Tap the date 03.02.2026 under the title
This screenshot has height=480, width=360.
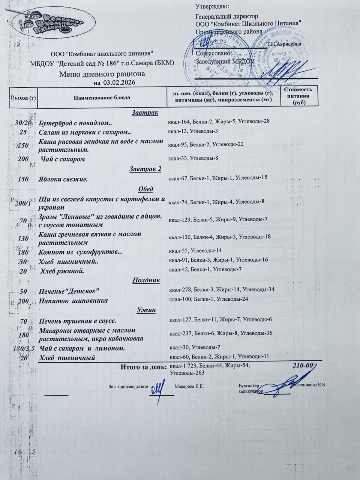pyautogui.click(x=119, y=82)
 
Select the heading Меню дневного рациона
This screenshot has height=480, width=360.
pyautogui.click(x=102, y=74)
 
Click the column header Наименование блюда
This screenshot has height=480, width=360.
pyautogui.click(x=102, y=97)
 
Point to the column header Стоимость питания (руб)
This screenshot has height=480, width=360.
pyautogui.click(x=298, y=96)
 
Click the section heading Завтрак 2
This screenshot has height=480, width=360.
pyautogui.click(x=145, y=169)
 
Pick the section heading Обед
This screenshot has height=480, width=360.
pyautogui.click(x=145, y=189)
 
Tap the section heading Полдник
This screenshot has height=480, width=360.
pyautogui.click(x=146, y=280)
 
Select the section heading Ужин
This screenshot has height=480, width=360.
pyautogui.click(x=146, y=310)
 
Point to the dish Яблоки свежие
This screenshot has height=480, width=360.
pyautogui.click(x=63, y=179)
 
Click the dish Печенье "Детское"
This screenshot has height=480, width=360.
pyautogui.click(x=69, y=291)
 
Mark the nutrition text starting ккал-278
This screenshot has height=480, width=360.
pyautogui.click(x=222, y=289)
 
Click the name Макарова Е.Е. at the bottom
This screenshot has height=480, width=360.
pyautogui.click(x=189, y=386)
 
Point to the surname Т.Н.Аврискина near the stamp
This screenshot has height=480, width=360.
pyautogui.click(x=284, y=44)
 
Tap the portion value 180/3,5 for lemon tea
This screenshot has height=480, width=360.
pyautogui.click(x=24, y=348)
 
